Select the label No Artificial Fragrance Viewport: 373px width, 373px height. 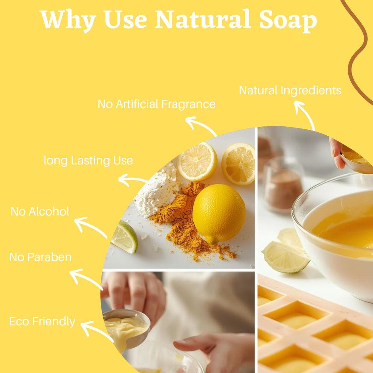coord(156,104)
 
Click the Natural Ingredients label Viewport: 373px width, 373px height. coord(290,91)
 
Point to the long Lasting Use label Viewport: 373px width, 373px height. coord(88,161)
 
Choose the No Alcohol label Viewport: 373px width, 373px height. coord(40,212)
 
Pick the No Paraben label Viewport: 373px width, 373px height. coord(40,257)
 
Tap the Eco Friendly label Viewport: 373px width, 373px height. coord(42,322)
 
